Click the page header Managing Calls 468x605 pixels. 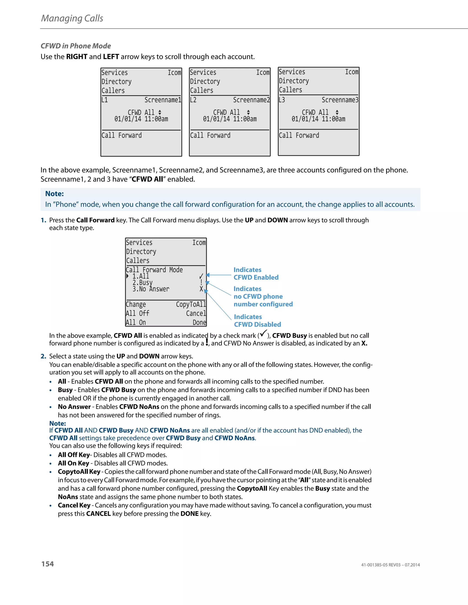72,18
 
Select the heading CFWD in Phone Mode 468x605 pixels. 76,46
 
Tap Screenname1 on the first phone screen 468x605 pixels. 163,100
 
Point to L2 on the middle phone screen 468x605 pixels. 193,100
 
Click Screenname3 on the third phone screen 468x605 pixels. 340,100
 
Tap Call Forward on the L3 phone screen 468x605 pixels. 299,135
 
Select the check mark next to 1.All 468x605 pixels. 201,276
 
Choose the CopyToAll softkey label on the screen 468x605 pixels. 191,304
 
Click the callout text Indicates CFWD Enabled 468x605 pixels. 256,274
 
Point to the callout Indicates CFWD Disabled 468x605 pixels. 257,321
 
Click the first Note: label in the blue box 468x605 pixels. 54,194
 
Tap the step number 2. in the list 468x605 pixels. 43,356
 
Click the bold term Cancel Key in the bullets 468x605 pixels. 74,505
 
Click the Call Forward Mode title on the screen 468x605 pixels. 154,270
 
